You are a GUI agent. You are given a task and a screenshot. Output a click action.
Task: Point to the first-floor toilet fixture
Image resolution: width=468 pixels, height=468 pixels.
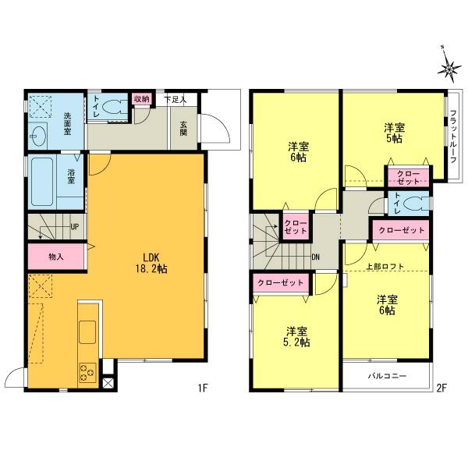(115, 108)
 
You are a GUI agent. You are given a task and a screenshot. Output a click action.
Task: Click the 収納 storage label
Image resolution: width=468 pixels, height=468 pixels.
(140, 99)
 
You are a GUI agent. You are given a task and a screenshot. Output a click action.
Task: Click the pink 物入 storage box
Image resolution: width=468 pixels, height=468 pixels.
(55, 256)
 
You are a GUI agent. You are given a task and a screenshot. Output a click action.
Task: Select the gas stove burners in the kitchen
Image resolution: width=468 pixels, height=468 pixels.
(85, 373)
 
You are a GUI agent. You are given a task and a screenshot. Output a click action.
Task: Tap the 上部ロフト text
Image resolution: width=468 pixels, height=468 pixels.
(385, 266)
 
